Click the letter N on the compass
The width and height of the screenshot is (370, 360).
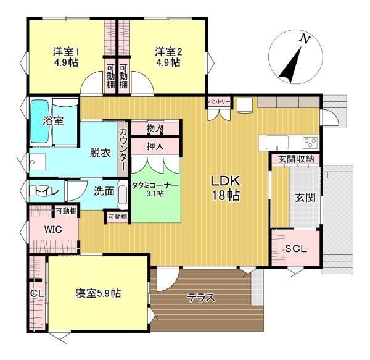point(305,39)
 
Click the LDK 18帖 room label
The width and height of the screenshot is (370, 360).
point(226,188)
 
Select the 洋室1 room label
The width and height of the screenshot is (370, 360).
point(66,57)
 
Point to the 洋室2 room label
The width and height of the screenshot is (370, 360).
point(168,57)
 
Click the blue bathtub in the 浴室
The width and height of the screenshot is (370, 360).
point(40,121)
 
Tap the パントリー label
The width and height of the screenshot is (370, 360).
point(219,102)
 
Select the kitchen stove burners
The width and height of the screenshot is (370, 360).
point(310,143)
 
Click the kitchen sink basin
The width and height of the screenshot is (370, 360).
point(277,143)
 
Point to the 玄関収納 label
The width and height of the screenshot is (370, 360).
point(296,159)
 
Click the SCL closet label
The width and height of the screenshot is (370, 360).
point(296,248)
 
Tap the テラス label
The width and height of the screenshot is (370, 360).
point(201,298)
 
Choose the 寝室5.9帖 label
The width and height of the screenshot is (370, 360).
point(99,293)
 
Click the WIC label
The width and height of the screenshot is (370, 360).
point(53,229)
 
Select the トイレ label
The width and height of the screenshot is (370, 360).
point(47,191)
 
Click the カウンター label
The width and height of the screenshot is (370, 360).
point(123,149)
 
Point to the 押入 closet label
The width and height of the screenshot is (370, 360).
point(155,146)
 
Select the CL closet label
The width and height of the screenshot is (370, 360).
point(37,294)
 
